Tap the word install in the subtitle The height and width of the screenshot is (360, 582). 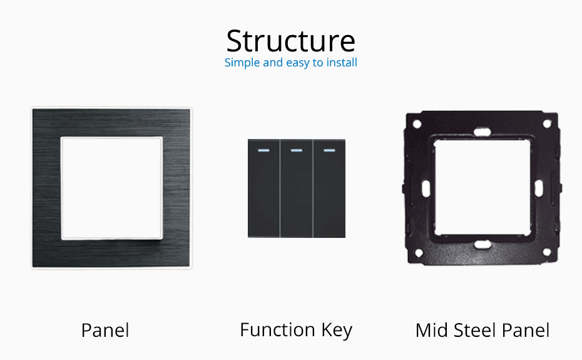click(x=341, y=63)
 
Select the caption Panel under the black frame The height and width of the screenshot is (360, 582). click(x=105, y=330)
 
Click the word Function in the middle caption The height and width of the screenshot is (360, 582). click(x=277, y=329)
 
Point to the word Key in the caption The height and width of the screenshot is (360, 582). click(x=337, y=330)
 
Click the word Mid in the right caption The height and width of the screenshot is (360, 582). click(x=431, y=330)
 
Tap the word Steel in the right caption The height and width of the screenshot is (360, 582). click(x=474, y=330)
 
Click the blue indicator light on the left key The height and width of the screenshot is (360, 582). click(x=263, y=150)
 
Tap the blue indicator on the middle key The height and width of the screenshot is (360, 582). click(x=296, y=150)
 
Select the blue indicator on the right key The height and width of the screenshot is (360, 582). click(x=329, y=150)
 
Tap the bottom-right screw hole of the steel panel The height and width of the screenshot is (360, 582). click(x=546, y=252)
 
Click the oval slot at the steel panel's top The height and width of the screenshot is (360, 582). click(x=482, y=132)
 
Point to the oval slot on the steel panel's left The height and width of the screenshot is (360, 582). click(x=426, y=188)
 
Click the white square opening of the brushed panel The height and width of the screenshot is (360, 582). click(x=111, y=188)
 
